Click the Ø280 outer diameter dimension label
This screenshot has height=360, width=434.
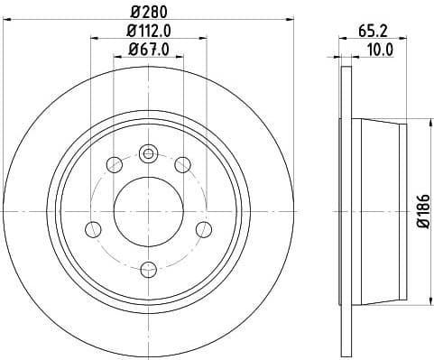pyautogui.click(x=149, y=13)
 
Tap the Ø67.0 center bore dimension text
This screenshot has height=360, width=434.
pyautogui.click(x=149, y=51)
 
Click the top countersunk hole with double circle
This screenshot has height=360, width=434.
pyautogui.click(x=149, y=152)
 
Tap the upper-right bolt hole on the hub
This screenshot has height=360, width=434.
pyautogui.click(x=182, y=164)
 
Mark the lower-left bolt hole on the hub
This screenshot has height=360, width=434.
pyautogui.click(x=93, y=228)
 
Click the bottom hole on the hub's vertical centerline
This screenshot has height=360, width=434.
pyautogui.click(x=149, y=269)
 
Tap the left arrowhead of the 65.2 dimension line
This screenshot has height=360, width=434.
pyautogui.click(x=342, y=38)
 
